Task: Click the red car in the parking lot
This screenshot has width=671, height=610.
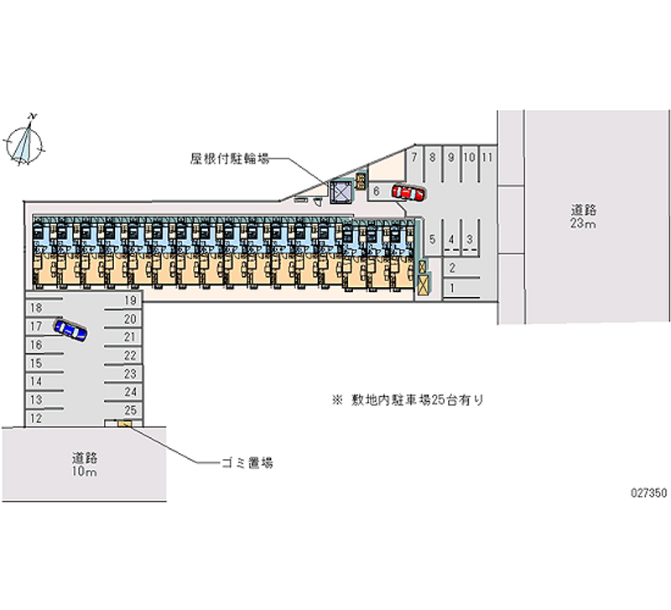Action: [x=407, y=193]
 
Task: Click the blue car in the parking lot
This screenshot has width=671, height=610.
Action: [x=70, y=330]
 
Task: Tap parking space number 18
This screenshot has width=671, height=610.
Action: [x=36, y=308]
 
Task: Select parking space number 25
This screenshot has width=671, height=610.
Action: [x=130, y=410]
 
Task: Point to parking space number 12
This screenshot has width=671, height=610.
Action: [x=36, y=417]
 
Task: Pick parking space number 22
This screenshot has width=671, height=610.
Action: [x=130, y=356]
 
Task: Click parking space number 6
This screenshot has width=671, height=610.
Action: [x=377, y=191]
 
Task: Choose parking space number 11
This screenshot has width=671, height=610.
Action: [x=487, y=157]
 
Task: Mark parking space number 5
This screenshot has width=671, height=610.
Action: [x=432, y=240]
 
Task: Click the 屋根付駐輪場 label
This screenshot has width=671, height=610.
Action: [x=229, y=158]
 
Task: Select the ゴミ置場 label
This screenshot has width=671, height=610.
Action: [x=246, y=462]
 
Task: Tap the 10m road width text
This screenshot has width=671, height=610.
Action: [x=84, y=473]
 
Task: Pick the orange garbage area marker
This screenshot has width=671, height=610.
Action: [x=125, y=424]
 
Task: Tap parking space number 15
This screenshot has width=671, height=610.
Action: [x=36, y=363]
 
